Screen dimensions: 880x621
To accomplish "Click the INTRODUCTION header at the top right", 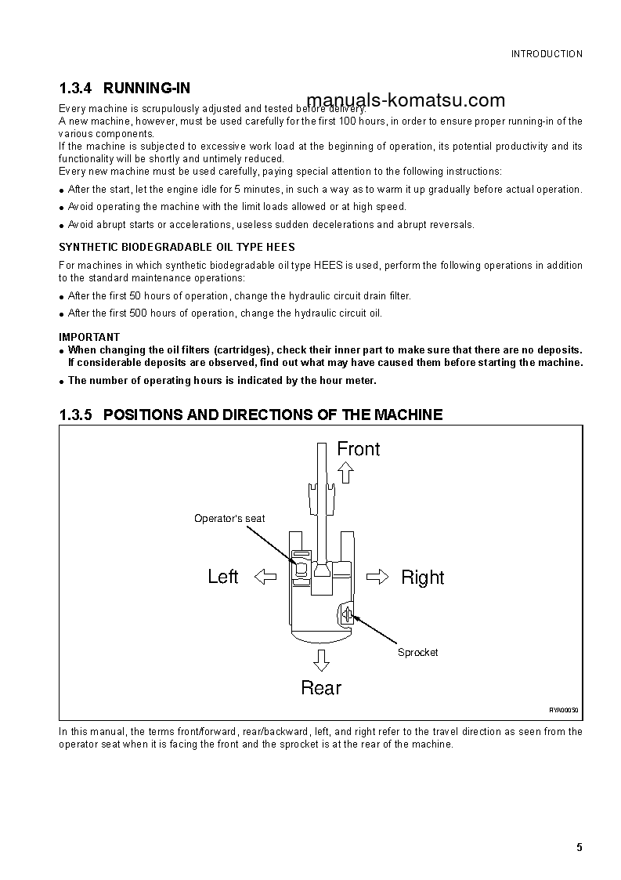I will tap(547, 54).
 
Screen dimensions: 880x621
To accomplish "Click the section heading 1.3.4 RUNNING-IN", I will tap(125, 89).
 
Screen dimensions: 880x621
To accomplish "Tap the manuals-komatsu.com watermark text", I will tap(406, 100).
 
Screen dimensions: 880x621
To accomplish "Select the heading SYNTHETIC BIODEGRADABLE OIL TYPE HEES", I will tap(177, 248).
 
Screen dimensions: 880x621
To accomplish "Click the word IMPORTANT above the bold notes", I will tap(89, 337).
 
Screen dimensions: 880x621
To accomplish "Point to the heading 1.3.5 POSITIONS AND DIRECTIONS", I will tap(251, 415).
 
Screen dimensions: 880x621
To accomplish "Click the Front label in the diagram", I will tap(358, 449).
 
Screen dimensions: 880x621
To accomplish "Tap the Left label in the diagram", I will tap(223, 577).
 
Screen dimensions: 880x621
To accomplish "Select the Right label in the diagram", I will tap(422, 578).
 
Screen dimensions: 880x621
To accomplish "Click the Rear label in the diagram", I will tap(321, 688).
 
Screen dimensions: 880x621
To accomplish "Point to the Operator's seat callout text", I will tap(229, 518).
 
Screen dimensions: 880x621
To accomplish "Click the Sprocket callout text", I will tap(417, 653).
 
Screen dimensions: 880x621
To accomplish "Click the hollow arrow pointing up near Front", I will tap(345, 472).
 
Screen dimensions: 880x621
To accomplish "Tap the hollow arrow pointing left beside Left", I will tap(266, 577).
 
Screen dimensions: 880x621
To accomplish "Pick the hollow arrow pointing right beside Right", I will tap(377, 577).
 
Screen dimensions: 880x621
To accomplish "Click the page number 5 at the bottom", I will tap(579, 847).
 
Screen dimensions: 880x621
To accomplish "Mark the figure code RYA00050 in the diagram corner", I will tap(563, 710).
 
